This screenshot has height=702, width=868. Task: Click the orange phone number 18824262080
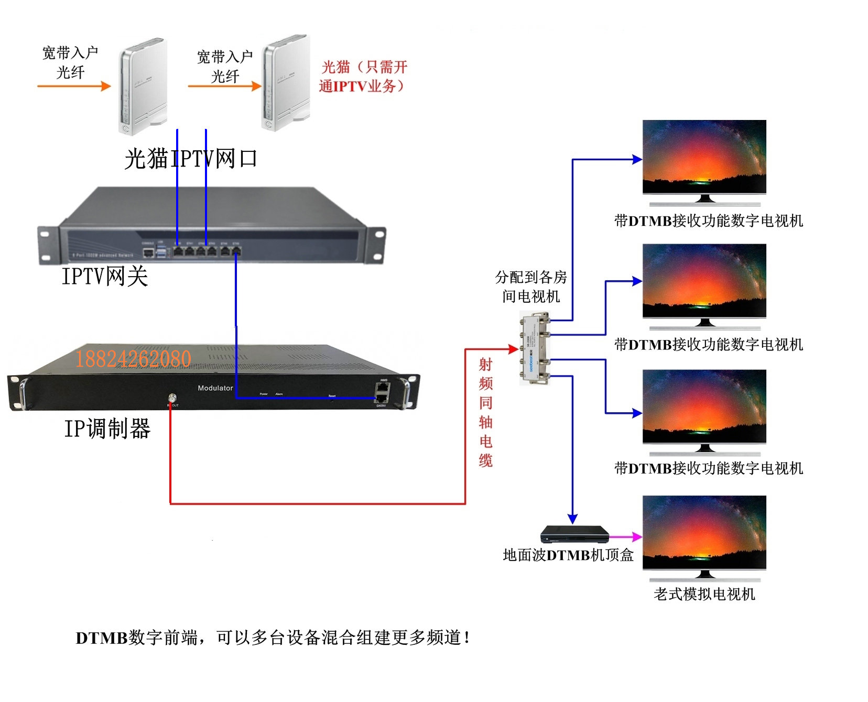coord(133,359)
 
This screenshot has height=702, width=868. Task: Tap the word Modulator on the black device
coord(215,388)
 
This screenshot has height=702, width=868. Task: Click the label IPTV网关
coord(105,276)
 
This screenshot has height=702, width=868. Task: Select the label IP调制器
coord(107,429)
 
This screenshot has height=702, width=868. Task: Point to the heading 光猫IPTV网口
coord(191,158)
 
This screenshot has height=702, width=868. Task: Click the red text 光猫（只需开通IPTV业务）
coord(363,76)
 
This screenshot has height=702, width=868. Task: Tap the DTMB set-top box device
coord(574,534)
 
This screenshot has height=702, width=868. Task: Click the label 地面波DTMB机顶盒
coord(568,555)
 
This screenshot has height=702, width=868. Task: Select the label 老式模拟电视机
coord(704,594)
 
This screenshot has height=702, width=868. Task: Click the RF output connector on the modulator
coord(171,398)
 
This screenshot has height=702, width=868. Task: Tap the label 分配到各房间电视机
coord(531,287)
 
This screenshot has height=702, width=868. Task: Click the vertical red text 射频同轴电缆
coord(486,412)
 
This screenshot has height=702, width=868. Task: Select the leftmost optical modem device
coord(142,85)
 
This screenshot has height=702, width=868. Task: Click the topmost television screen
coord(704,157)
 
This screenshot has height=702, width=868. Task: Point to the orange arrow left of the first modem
coord(74,86)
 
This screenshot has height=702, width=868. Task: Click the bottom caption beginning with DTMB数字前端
coord(273,638)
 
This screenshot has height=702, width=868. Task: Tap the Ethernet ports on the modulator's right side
coord(382,393)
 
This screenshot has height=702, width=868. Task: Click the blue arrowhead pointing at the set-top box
coord(572,519)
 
